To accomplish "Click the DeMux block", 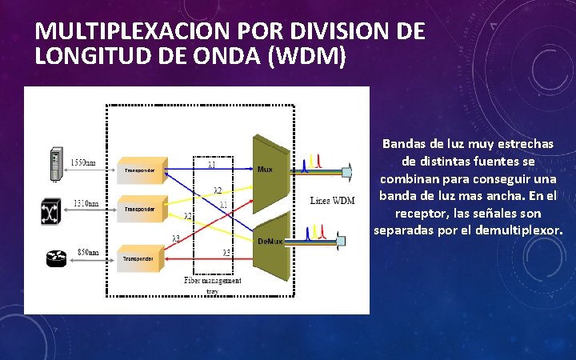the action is tap(270, 240).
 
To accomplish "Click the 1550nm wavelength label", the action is tap(83, 162).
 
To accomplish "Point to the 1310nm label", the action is tap(86, 203).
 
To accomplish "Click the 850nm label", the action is tap(87, 251).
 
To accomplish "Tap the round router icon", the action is tap(54, 258).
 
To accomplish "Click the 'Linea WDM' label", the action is tap(332, 200).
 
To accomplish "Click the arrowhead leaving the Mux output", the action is tap(347, 170).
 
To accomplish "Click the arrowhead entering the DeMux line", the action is tap(342, 239).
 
